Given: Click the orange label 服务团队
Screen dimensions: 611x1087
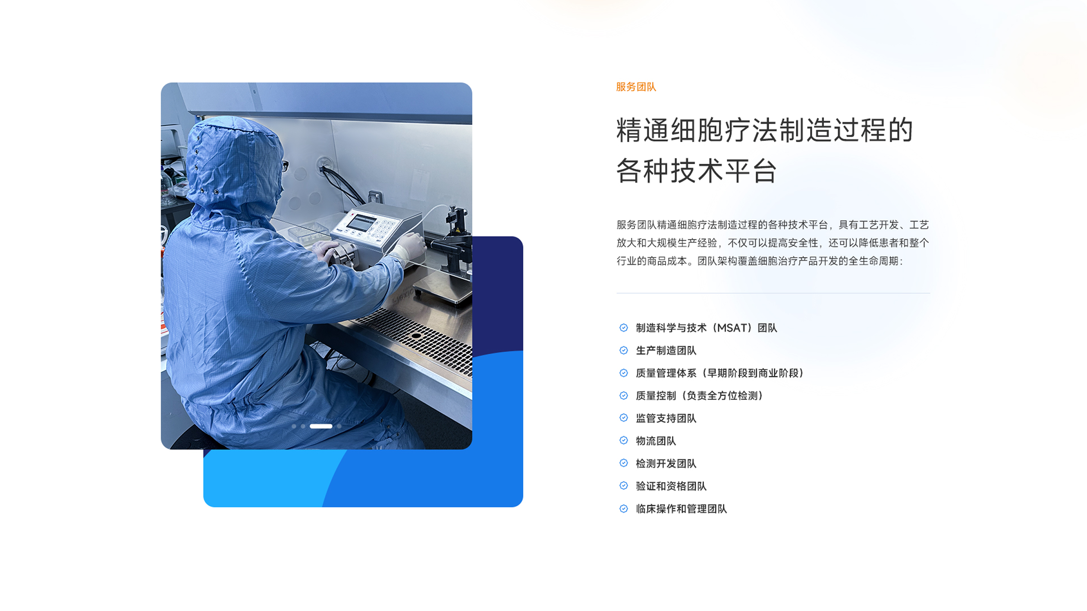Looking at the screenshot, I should (x=636, y=87).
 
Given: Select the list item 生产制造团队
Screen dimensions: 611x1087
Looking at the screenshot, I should (x=666, y=351).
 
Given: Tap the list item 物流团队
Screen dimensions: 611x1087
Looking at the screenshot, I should (x=656, y=441).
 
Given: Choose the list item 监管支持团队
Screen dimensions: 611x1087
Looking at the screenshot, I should (x=666, y=418).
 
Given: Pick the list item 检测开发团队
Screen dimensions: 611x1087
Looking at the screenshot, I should (x=666, y=464).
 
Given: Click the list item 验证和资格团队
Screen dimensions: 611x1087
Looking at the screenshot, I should (x=671, y=486).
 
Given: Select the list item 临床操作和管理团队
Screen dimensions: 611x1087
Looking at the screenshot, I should (x=681, y=509).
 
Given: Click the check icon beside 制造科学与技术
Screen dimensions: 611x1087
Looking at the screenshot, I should (x=624, y=328).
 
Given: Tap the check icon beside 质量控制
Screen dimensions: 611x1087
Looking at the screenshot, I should (x=624, y=396).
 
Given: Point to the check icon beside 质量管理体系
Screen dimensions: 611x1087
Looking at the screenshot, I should (x=624, y=373).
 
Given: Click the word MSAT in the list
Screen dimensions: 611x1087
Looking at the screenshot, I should (x=732, y=328).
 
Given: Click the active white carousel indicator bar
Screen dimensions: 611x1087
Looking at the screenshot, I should (x=321, y=426).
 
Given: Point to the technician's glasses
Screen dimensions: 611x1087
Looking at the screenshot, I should (x=285, y=165).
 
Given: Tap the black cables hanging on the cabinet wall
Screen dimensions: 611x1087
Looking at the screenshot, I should (x=341, y=183).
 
